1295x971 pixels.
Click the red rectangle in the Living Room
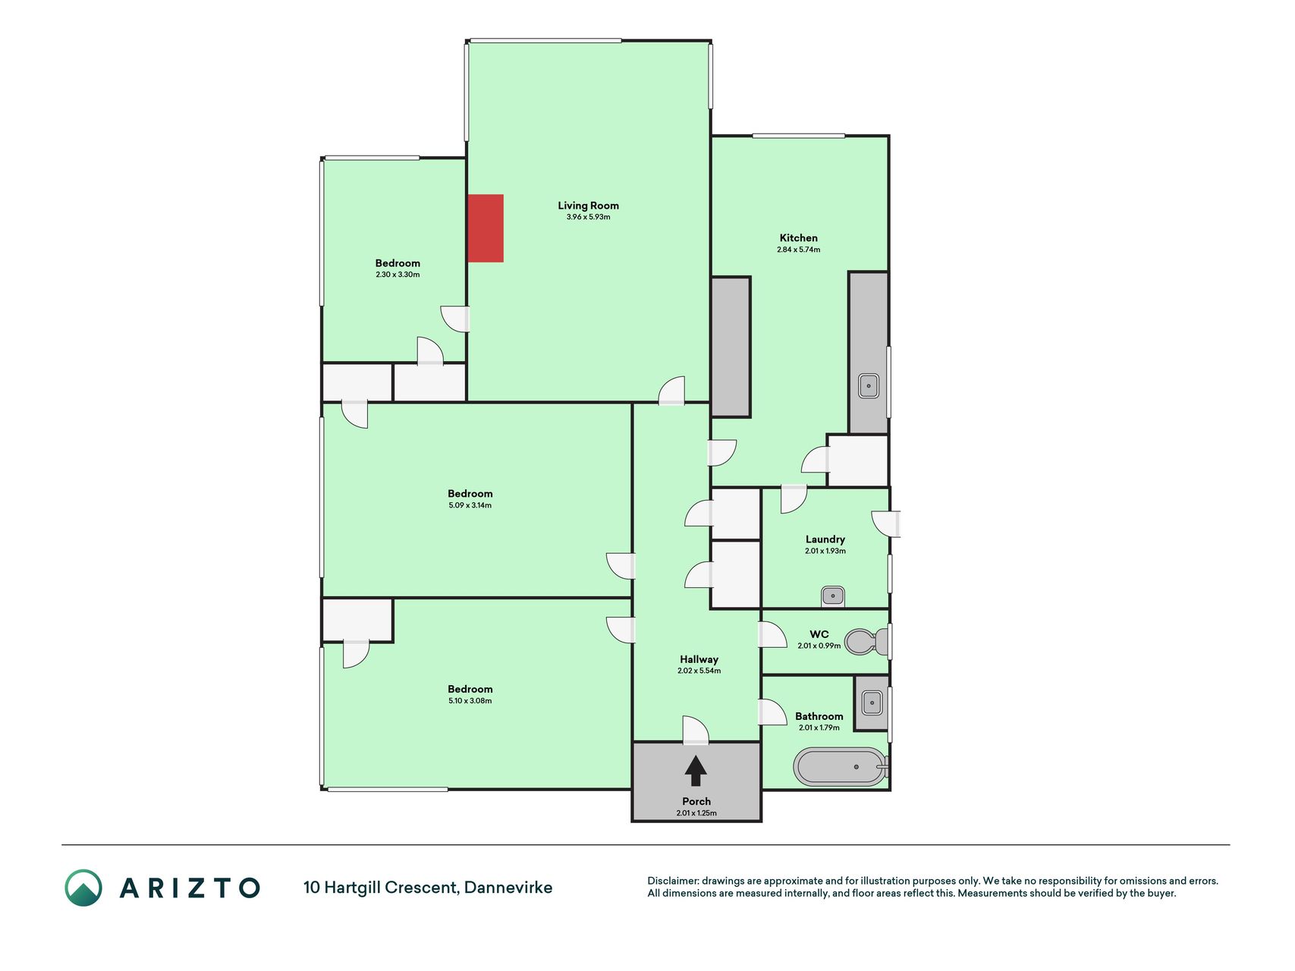coord(486,228)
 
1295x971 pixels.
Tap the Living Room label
coord(588,206)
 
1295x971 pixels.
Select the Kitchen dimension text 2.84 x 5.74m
coord(798,250)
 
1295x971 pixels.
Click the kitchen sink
coord(869,386)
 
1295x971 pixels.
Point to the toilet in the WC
coord(867,642)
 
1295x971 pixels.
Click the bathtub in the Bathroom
coord(841,767)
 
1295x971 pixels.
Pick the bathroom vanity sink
coord(872,702)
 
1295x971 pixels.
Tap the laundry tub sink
coord(833,596)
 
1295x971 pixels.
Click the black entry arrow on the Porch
coord(696,771)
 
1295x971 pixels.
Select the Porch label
coord(696,801)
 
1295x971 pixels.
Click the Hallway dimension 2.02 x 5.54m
coord(699,671)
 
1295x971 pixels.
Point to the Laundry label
coord(825,539)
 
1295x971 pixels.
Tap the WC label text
coord(819,634)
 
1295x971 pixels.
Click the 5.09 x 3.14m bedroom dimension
coord(470,505)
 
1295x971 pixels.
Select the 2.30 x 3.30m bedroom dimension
coord(398,275)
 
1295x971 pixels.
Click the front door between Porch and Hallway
coord(696,730)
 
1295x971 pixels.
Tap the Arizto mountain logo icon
coord(83,888)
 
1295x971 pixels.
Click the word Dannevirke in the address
coord(508,888)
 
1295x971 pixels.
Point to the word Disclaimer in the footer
coord(672,881)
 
